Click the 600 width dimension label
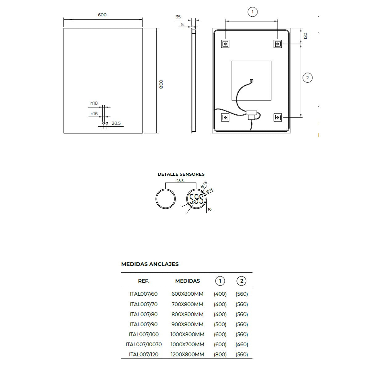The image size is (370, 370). (102, 15)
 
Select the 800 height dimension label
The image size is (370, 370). (161, 84)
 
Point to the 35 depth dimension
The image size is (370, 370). (178, 17)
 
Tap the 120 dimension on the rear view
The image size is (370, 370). (305, 36)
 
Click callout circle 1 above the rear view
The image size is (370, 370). (253, 12)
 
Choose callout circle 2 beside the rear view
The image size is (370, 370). (307, 78)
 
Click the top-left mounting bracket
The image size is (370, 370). (225, 44)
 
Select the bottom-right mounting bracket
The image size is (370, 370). (277, 117)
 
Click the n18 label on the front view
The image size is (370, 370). (94, 103)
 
